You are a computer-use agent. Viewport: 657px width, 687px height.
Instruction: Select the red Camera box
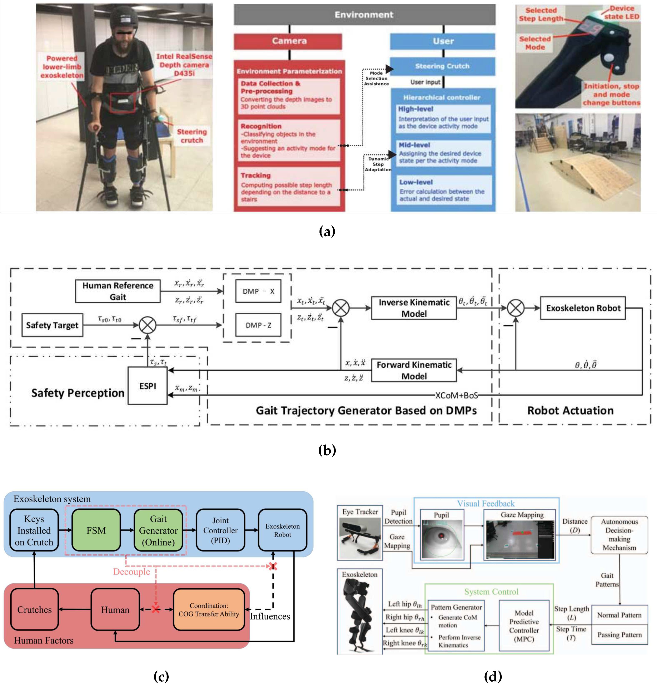(x=288, y=41)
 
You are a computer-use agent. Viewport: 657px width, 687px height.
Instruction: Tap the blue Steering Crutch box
(x=442, y=66)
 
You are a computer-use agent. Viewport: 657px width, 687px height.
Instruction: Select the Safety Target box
(x=52, y=325)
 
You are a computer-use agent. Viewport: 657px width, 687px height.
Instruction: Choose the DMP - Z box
(x=258, y=325)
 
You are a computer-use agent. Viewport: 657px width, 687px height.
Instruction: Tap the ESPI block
(x=148, y=386)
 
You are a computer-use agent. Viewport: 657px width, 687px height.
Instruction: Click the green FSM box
(x=96, y=530)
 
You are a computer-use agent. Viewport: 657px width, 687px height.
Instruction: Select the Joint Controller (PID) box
(x=220, y=530)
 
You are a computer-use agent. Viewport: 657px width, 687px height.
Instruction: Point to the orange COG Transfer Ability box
(x=209, y=610)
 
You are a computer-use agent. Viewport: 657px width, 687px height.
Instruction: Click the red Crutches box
(x=34, y=610)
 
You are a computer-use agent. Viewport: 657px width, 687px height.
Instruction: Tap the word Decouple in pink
(x=131, y=571)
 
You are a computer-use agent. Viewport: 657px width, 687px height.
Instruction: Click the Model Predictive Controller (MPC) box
(x=524, y=626)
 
